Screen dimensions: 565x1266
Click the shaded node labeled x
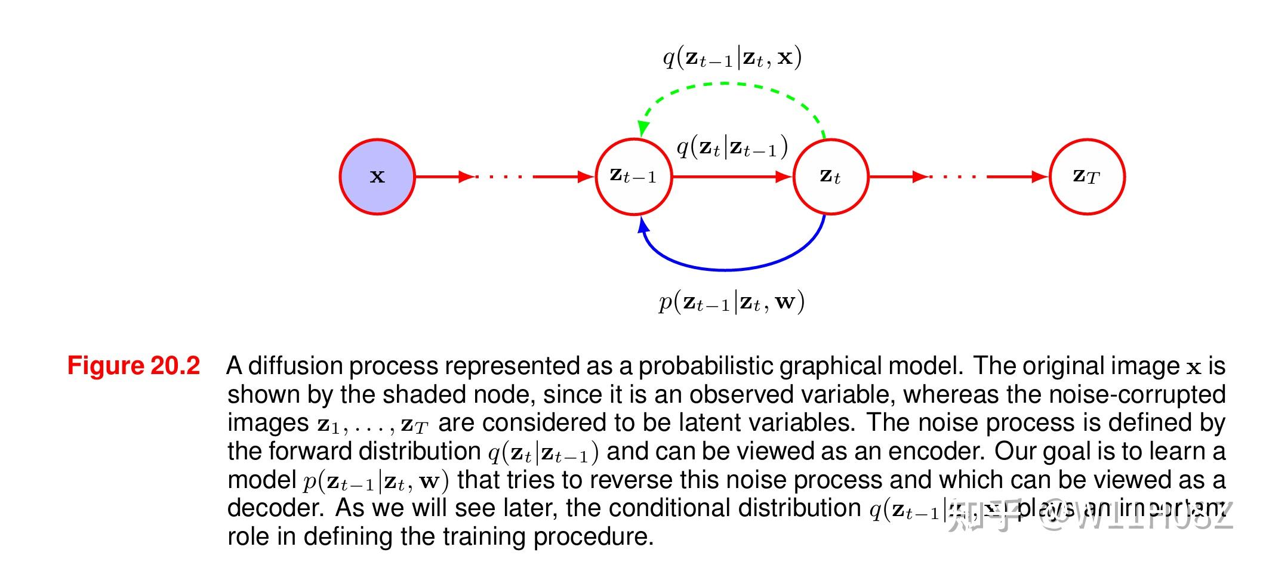377,177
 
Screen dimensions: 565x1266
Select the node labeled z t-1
633,177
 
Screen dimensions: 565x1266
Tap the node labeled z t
830,177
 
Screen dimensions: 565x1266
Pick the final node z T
1086,177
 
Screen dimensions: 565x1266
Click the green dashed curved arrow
728,84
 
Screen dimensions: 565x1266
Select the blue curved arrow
728,269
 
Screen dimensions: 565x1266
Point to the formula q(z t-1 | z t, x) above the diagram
732,58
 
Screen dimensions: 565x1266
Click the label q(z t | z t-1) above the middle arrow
732,147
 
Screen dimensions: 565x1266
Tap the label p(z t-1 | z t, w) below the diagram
732,302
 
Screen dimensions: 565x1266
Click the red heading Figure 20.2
133,366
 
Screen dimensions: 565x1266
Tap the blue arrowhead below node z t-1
643,225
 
